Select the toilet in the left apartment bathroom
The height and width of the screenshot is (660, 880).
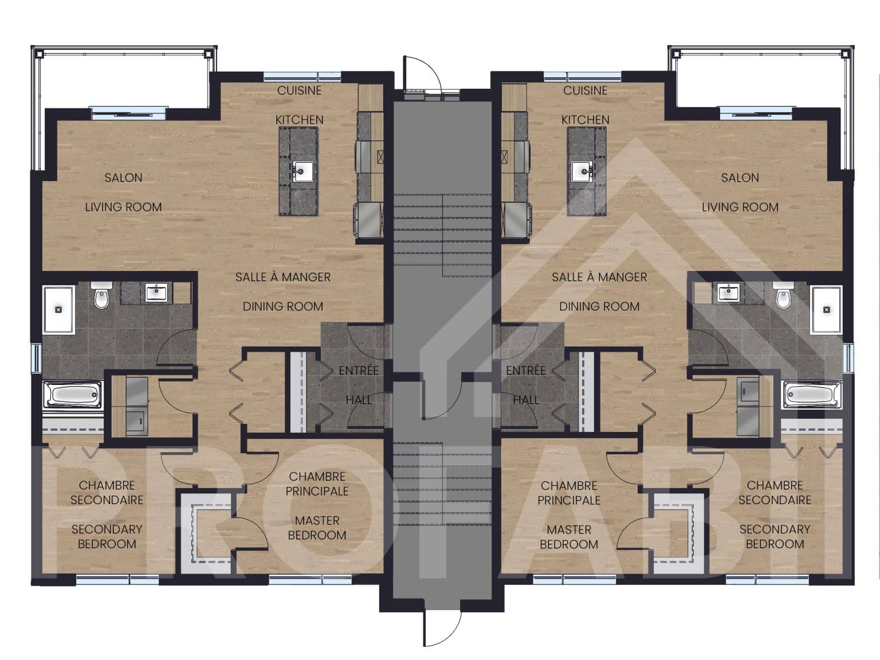[x=101, y=295]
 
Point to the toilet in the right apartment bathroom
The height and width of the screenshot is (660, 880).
[x=783, y=295]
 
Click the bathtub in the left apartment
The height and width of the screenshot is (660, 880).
[x=72, y=395]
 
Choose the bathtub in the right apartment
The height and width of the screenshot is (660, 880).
[x=813, y=395]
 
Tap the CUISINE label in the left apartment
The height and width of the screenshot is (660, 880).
[x=299, y=91]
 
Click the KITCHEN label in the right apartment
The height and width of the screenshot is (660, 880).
[x=585, y=120]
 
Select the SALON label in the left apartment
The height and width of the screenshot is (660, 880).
[x=124, y=178]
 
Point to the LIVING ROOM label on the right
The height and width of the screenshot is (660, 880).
[x=740, y=207]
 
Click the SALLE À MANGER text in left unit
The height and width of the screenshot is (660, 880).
[x=282, y=277]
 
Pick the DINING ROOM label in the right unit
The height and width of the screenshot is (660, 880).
[x=599, y=307]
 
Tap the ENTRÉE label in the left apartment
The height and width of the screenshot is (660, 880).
[x=359, y=370]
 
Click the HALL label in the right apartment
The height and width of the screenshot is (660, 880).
[x=526, y=400]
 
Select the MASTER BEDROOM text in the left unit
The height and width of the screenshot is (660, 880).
[x=317, y=528]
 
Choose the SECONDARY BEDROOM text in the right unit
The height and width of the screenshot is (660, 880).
[x=775, y=537]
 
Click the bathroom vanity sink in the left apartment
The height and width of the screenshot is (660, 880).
[x=156, y=292]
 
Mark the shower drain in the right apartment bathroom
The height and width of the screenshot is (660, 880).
[x=826, y=309]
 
